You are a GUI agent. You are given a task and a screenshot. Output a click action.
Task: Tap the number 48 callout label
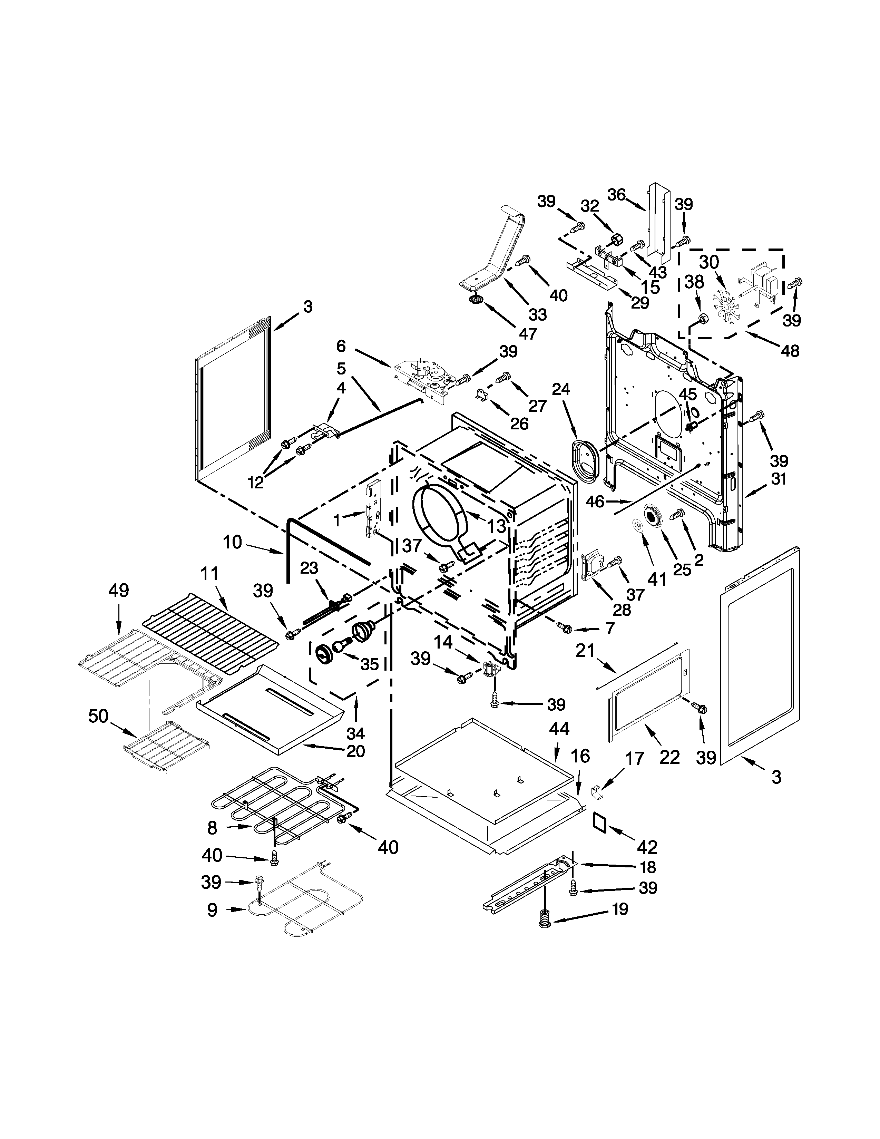point(790,351)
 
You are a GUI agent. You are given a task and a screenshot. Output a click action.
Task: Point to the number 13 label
point(497,526)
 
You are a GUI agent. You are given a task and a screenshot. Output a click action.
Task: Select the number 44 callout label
point(559,729)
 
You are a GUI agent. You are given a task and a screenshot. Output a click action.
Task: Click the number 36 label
point(616,195)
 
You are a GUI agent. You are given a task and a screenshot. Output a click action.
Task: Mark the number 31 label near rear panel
point(778,479)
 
